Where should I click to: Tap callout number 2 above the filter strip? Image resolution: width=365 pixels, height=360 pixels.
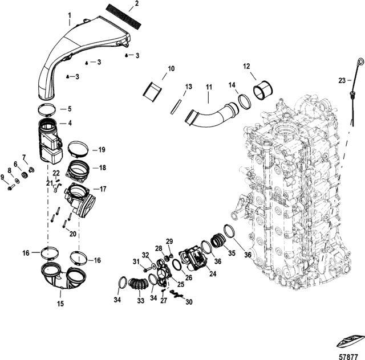tap(136, 3)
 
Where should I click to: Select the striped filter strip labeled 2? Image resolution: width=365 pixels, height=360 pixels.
tap(124, 17)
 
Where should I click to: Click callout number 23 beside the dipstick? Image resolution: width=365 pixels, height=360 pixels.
tap(342, 81)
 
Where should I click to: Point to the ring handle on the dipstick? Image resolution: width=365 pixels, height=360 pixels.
tap(360, 61)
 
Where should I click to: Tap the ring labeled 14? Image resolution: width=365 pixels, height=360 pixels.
tap(245, 101)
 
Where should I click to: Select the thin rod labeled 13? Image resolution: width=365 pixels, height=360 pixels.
tap(176, 107)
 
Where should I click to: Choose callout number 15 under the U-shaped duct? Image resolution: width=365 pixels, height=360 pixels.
tap(60, 303)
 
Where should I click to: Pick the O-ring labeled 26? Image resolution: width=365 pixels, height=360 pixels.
tap(177, 265)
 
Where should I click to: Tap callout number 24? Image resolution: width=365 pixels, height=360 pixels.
tap(213, 273)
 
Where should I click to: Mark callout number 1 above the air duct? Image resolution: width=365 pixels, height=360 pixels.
tap(70, 15)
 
